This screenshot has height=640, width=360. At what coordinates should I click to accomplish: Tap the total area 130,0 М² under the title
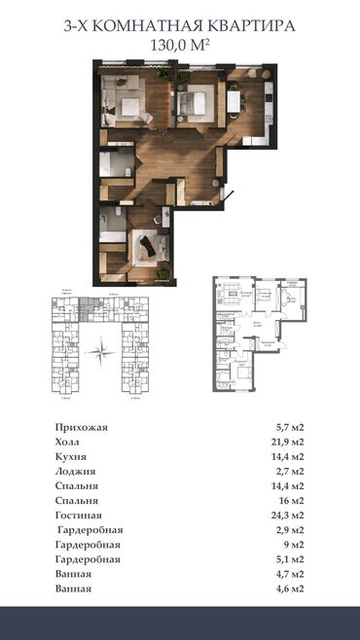pyautogui.click(x=180, y=45)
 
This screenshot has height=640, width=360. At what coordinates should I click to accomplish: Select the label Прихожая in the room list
pyautogui.click(x=82, y=428)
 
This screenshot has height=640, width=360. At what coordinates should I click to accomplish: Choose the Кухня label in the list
pyautogui.click(x=72, y=455)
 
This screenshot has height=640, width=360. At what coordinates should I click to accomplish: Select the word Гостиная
pyautogui.click(x=80, y=514)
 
